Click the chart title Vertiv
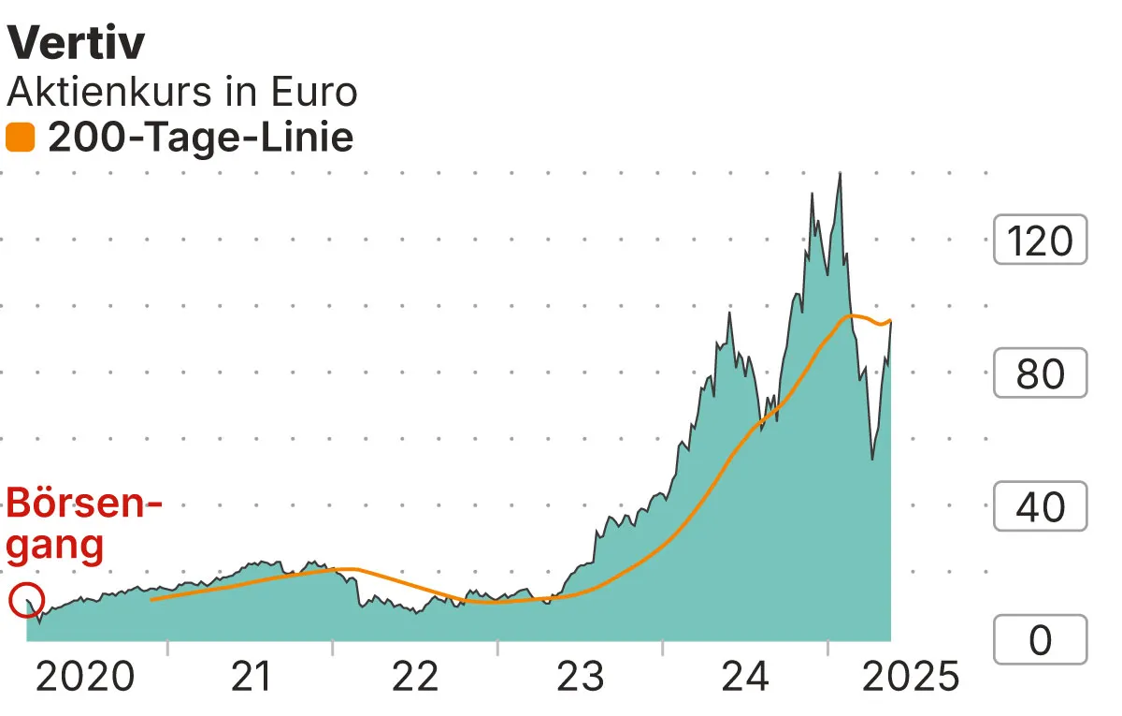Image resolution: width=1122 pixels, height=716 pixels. click(x=76, y=44)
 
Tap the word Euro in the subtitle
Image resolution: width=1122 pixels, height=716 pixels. click(x=312, y=92)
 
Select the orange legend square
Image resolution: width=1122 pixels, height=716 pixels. click(x=20, y=139)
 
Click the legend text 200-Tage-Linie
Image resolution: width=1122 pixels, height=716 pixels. click(x=200, y=139)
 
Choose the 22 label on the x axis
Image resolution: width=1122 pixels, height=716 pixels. click(x=415, y=676)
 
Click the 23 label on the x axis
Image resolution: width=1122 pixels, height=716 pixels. click(x=581, y=676)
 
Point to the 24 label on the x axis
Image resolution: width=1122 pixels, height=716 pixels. click(x=745, y=676)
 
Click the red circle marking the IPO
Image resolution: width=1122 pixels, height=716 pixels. click(x=27, y=600)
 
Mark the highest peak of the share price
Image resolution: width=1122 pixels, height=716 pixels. click(x=840, y=174)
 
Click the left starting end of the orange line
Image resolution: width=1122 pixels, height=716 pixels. click(x=151, y=599)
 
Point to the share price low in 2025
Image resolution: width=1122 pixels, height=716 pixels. click(x=872, y=459)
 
